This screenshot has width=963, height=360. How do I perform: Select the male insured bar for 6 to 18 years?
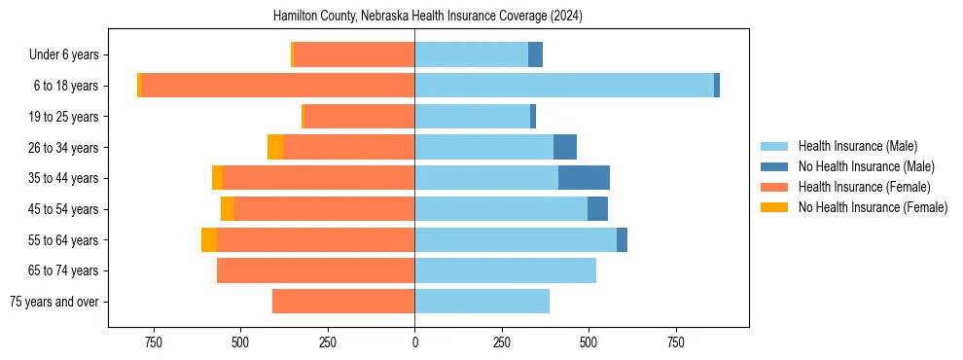564,86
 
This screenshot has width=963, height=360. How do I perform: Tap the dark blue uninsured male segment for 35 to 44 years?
584,178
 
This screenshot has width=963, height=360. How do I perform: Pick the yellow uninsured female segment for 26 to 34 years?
275,147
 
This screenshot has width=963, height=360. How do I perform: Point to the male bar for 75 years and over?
482,302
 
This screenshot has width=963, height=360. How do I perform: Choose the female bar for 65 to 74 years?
316,270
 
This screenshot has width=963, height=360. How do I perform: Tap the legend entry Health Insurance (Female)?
864,187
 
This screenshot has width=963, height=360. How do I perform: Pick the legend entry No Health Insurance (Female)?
873,207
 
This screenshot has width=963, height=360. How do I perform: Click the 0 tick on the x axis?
415,342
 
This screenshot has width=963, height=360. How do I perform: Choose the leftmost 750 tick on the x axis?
153,342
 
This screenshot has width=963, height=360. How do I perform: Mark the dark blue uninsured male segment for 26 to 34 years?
565,147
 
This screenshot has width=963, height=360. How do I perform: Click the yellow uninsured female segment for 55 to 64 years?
209,239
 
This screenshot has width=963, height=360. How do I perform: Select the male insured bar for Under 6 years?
472,54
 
